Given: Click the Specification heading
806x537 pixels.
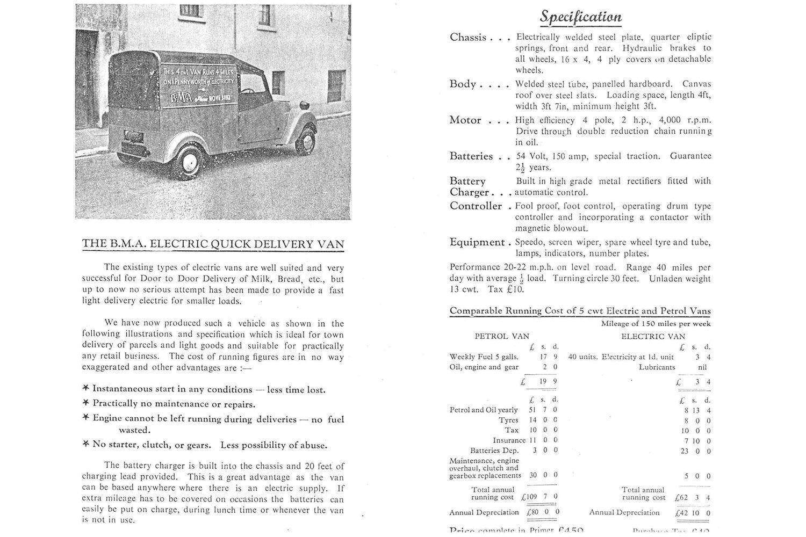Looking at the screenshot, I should tap(580, 17).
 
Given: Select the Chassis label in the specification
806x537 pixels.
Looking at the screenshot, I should tap(468, 37).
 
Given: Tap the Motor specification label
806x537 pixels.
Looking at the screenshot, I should tap(465, 120).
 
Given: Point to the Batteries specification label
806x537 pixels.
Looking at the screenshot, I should tap(471, 156).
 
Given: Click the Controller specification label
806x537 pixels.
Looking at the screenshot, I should tap(476, 206).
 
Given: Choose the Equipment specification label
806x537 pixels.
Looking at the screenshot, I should tap(477, 242).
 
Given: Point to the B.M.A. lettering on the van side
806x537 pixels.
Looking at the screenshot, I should tap(181, 98).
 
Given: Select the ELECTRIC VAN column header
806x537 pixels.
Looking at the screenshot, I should tap(653, 336).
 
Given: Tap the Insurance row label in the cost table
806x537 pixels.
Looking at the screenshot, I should tap(509, 440).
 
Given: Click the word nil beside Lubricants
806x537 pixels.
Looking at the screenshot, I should tap(701, 367).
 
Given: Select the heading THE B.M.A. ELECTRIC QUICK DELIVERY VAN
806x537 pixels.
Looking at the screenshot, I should tap(213, 244).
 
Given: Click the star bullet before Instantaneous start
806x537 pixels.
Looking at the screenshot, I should tap(86, 389).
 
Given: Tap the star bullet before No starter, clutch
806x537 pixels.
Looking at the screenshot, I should tap(86, 445).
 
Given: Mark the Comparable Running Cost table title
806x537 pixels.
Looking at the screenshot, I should tap(580, 311).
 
